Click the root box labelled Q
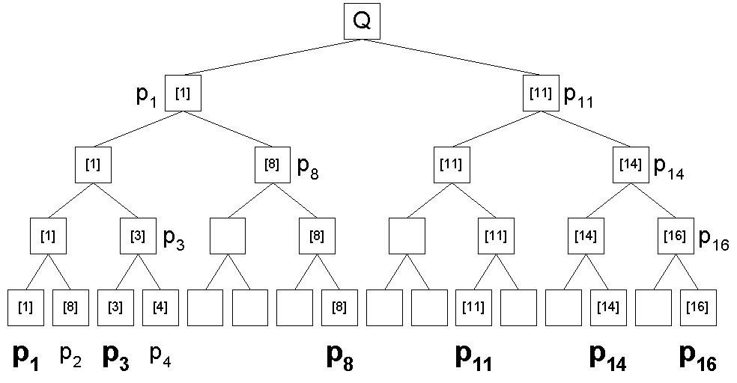pyautogui.click(x=362, y=22)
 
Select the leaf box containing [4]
pyautogui.click(x=160, y=307)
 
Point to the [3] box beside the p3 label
pyautogui.click(x=138, y=236)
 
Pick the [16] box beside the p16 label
pyautogui.click(x=676, y=236)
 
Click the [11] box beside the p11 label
pyautogui.click(x=541, y=94)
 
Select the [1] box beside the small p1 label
pyautogui.click(x=183, y=94)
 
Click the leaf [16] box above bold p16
pyautogui.click(x=698, y=307)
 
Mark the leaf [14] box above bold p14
pyautogui.click(x=608, y=307)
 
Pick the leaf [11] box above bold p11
pyautogui.click(x=474, y=307)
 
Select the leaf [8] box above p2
pyautogui.click(x=70, y=307)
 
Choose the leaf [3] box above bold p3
pyautogui.click(x=115, y=307)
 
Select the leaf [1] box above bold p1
pyautogui.click(x=25, y=307)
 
